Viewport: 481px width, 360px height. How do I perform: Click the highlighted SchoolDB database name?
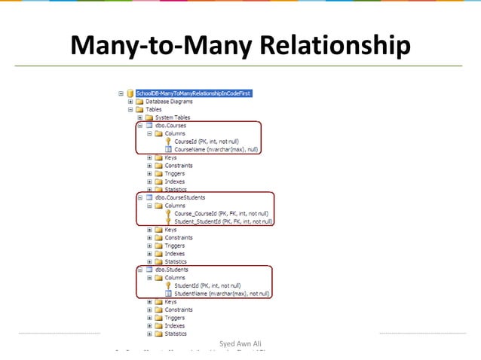(x=193, y=93)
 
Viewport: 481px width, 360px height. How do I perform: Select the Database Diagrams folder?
(x=169, y=102)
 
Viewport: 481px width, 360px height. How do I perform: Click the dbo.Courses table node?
(x=172, y=126)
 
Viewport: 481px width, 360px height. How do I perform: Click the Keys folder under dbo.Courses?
(x=171, y=158)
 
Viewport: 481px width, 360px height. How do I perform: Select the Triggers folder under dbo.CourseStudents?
(x=176, y=246)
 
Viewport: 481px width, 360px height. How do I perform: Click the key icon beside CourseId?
(x=167, y=142)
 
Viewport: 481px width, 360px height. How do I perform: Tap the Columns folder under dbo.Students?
(x=175, y=277)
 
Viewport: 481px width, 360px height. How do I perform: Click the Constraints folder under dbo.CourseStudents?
(x=179, y=238)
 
